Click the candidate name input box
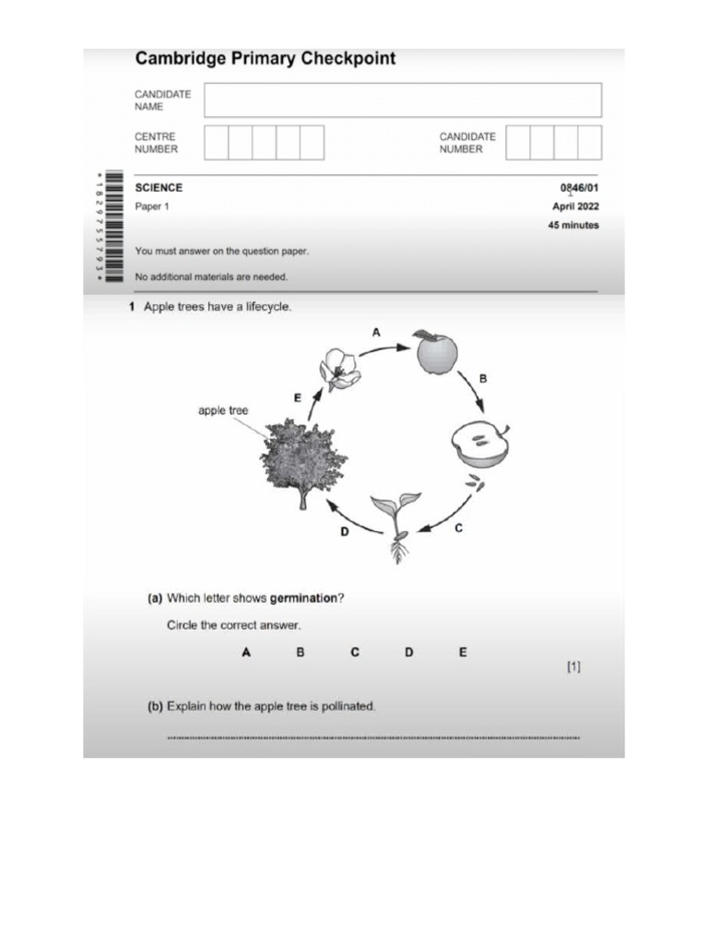coord(402,100)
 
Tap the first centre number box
coord(216,143)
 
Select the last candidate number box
coord(589,143)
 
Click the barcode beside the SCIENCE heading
coord(113,226)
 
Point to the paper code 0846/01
coord(579,188)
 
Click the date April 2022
coord(575,206)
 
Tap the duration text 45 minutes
coord(572,225)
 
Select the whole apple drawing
coord(436,352)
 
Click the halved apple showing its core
coord(480,444)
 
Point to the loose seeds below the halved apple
coord(474,482)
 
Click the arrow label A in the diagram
coord(375,331)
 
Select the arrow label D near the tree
coord(346,531)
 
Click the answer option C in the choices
coord(355,653)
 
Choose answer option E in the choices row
coord(463,653)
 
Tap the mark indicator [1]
coord(573,666)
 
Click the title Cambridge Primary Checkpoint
coord(265,59)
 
